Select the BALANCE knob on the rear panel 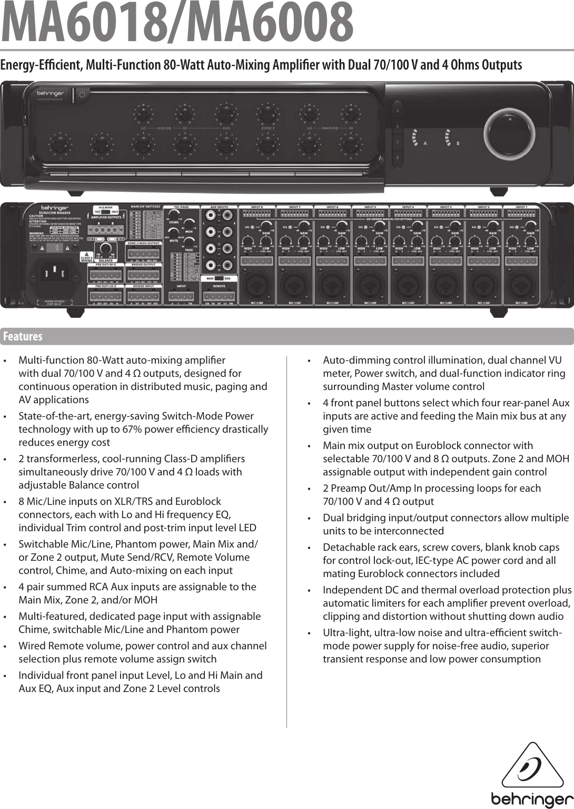(106, 249)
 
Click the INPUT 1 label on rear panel (521, 207)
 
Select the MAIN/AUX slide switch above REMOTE (219, 278)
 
